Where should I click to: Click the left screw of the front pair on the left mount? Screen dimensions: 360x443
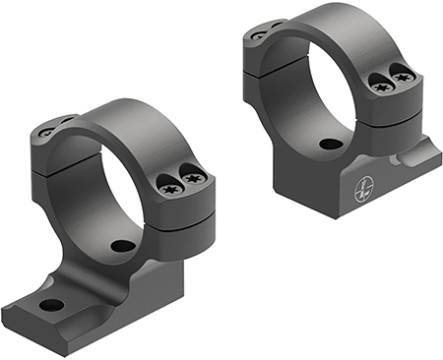(169, 181)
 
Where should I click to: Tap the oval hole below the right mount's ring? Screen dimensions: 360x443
(331, 144)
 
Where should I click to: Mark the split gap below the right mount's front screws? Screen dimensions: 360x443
(394, 102)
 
